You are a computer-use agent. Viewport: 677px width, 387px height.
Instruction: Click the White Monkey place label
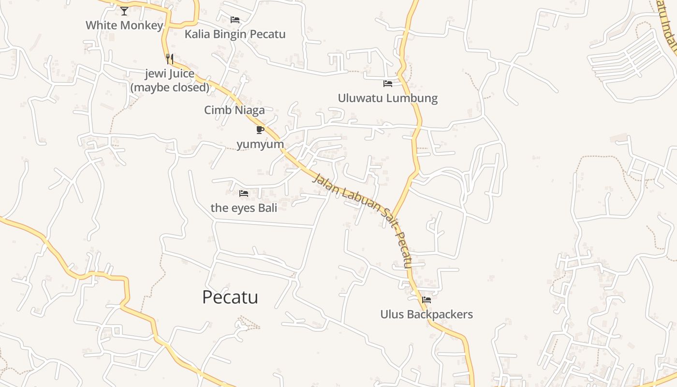point(124,25)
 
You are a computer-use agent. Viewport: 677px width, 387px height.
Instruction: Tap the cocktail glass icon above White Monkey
point(124,11)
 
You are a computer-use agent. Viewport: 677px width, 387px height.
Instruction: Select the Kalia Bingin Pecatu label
point(235,34)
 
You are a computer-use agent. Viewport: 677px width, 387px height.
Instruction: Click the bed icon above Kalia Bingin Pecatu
point(235,20)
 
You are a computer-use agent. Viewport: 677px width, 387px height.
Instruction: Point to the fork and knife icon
point(169,59)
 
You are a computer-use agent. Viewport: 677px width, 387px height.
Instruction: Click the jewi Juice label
point(170,74)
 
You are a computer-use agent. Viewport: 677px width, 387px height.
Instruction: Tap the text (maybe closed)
point(170,88)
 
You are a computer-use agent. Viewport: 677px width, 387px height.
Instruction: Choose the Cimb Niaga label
point(235,110)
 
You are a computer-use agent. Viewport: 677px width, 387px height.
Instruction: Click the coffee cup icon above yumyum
point(260,130)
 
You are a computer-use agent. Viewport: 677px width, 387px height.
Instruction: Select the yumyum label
point(260,144)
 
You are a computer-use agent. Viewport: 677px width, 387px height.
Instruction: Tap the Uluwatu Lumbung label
point(387,98)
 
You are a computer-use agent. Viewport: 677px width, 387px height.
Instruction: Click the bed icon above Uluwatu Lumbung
point(387,84)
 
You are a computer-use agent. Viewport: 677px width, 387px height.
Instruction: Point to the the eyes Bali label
point(244,208)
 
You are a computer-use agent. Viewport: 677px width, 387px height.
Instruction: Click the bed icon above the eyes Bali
point(244,193)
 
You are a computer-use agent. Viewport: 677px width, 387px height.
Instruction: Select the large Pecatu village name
point(230,297)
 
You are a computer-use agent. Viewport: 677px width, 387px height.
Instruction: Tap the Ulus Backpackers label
point(427,314)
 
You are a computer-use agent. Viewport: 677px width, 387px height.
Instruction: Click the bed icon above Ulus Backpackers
point(427,300)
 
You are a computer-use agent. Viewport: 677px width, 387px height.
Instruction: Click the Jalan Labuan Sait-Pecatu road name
point(363,220)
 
